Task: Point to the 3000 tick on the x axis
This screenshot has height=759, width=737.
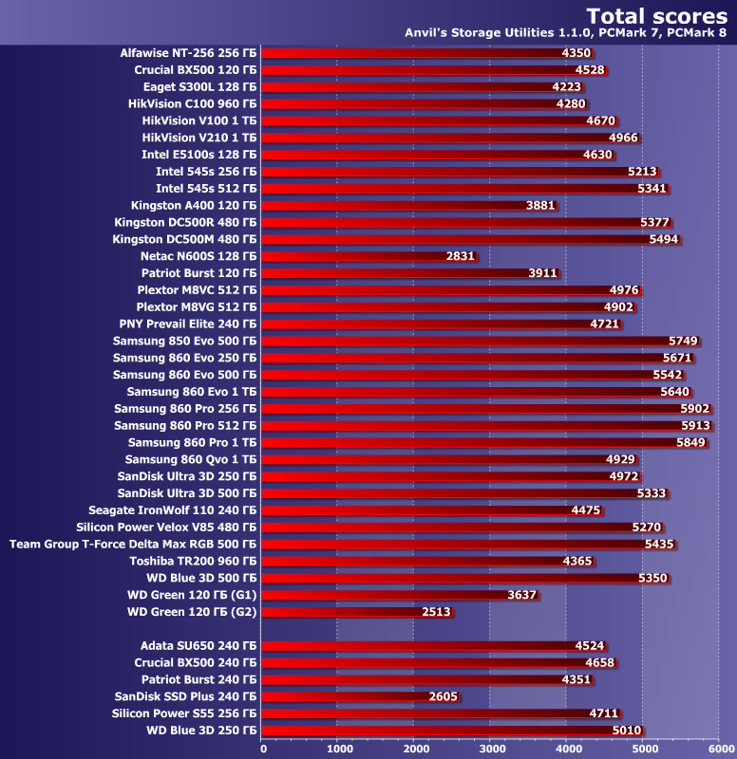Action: coord(490,748)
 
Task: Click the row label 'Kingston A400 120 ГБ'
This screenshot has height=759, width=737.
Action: coord(194,205)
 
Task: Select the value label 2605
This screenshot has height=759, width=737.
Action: coord(444,696)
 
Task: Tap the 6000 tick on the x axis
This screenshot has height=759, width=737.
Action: coord(719,748)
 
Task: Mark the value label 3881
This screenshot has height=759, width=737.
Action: coord(541,205)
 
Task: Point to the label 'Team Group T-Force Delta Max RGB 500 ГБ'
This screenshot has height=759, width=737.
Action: coord(133,545)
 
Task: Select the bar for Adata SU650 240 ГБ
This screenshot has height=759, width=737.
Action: coord(418,645)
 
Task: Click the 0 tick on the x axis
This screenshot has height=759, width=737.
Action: coord(262,748)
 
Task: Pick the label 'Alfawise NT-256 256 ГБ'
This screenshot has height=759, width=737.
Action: coord(188,53)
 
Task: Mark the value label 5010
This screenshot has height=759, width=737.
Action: coord(627,731)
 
